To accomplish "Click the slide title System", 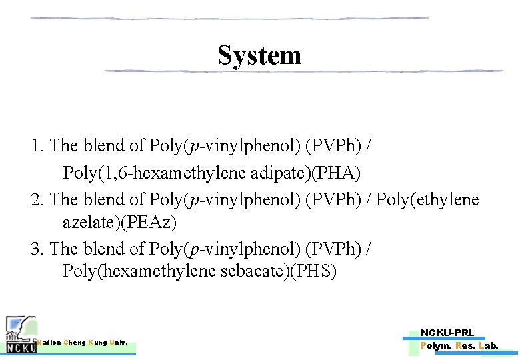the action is (259, 55).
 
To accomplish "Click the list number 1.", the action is (37, 145).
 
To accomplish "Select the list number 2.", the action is (37, 199).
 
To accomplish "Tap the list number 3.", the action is (37, 249).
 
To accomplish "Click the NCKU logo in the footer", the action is (20, 335).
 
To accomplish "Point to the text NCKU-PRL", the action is (447, 333).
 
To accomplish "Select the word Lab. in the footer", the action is (488, 345).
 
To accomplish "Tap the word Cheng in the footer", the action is (75, 343).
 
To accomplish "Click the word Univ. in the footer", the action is (119, 343).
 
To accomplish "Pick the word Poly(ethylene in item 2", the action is (427, 199).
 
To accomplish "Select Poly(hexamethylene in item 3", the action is (139, 271).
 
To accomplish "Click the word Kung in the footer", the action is (98, 343).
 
